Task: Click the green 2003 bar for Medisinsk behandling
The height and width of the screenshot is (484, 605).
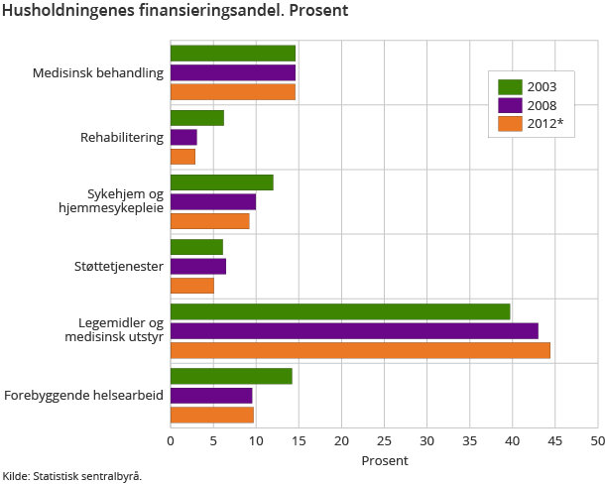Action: click(233, 54)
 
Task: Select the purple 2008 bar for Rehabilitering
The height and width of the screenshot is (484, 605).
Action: click(183, 137)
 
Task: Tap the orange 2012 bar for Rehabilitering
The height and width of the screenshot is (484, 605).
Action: click(182, 157)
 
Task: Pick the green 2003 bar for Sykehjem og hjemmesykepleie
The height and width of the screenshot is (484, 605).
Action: click(221, 182)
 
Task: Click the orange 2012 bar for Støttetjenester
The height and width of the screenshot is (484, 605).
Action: click(192, 286)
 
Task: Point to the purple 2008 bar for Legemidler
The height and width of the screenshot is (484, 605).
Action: click(354, 330)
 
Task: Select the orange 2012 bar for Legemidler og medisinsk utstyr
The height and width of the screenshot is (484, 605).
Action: click(360, 350)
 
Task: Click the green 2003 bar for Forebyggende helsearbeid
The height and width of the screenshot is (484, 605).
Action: click(231, 376)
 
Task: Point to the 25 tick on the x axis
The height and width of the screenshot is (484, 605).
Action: click(384, 439)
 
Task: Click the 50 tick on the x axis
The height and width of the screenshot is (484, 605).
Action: click(597, 439)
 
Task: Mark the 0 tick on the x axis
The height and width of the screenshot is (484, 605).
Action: click(171, 439)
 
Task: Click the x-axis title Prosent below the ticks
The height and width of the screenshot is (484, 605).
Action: click(384, 460)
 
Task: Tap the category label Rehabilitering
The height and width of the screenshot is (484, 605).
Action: click(122, 137)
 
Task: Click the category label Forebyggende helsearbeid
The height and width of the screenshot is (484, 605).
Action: click(84, 395)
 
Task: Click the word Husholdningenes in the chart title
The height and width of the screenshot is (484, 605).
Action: click(60, 11)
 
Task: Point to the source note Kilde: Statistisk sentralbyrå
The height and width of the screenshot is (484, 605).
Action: click(72, 476)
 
